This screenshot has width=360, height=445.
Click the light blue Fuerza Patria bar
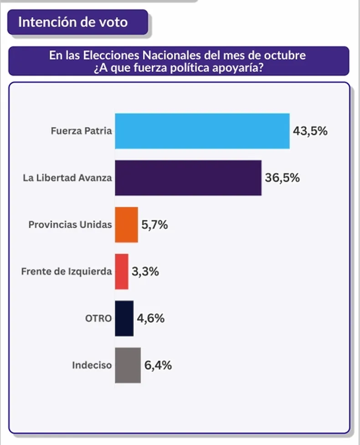pyautogui.click(x=202, y=131)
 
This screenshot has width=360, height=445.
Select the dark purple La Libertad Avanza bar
pyautogui.click(x=188, y=178)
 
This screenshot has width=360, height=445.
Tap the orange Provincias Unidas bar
pyautogui.click(x=126, y=225)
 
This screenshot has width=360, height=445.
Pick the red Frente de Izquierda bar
pyautogui.click(x=122, y=272)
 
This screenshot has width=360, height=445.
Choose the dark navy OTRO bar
pyautogui.click(x=124, y=318)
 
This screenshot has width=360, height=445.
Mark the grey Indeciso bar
pyautogui.click(x=128, y=365)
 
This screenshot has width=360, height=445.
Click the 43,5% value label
pyautogui.click(x=310, y=131)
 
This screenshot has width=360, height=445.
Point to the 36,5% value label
pyautogui.click(x=282, y=178)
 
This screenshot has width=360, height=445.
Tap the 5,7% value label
pyautogui.click(x=155, y=225)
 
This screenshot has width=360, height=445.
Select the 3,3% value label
pyautogui.click(x=145, y=272)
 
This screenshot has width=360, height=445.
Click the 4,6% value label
pyautogui.click(x=151, y=318)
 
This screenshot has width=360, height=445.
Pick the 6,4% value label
pyautogui.click(x=158, y=365)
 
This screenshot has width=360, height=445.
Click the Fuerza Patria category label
pyautogui.click(x=82, y=131)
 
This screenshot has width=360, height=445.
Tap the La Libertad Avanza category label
pyautogui.click(x=67, y=178)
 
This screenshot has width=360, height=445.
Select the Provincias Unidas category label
pyautogui.click(x=70, y=225)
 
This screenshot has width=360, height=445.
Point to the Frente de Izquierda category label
pyautogui.click(x=67, y=272)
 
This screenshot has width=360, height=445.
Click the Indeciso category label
pyautogui.click(x=92, y=365)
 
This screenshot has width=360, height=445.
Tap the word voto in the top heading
pyautogui.click(x=115, y=22)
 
